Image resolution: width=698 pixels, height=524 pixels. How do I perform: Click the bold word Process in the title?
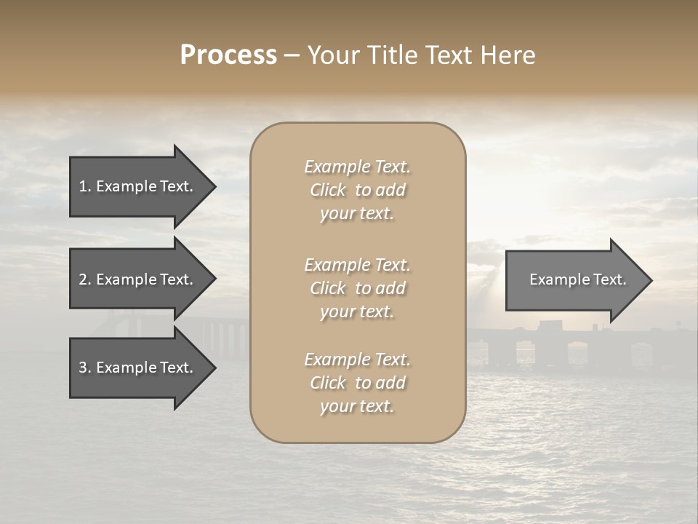coord(228,55)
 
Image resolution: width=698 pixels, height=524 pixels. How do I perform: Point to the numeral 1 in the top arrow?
coord(83,186)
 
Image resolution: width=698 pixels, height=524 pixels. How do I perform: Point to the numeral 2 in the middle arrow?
coord(83,279)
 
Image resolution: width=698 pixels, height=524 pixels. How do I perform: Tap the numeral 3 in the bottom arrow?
coord(83,368)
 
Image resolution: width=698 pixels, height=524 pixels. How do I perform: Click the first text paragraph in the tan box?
coord(357,190)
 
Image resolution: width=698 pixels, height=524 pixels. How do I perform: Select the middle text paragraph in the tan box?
coord(357,288)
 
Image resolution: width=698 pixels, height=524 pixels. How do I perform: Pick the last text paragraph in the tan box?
coord(357,383)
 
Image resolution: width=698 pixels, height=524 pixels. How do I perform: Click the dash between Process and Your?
coord(292,56)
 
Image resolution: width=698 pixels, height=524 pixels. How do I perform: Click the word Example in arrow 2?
coord(127,279)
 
